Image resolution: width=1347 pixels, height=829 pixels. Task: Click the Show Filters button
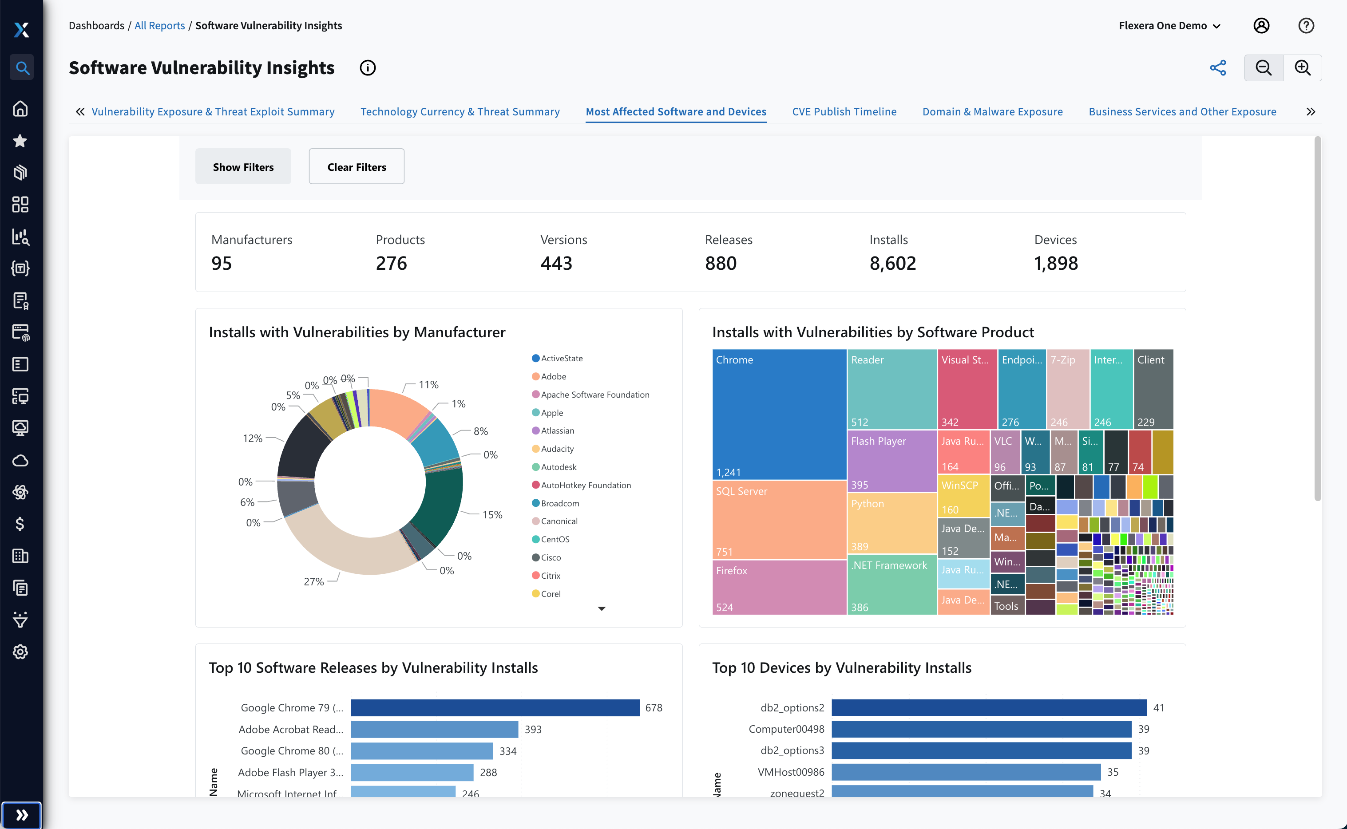point(243,167)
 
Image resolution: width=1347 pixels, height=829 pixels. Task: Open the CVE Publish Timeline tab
point(844,112)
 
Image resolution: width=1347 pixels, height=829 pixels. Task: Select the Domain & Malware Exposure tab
point(992,112)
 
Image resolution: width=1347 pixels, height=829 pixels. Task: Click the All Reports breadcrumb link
point(159,26)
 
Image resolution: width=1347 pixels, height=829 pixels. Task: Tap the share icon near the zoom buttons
point(1217,68)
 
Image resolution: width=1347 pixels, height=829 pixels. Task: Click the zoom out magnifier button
point(1264,68)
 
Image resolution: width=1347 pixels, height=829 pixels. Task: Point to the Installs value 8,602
point(892,264)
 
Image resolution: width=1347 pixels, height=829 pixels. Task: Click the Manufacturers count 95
point(222,264)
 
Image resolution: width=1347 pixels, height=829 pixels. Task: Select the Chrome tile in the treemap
point(779,414)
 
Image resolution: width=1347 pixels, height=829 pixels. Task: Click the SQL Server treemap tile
point(779,520)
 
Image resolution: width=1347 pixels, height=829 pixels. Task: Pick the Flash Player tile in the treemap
point(891,461)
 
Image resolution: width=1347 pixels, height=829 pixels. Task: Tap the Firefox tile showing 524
point(779,587)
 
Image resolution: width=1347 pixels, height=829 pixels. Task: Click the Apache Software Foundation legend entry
point(594,395)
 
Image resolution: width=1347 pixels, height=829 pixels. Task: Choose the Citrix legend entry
point(550,576)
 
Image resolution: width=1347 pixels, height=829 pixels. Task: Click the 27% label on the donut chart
point(314,582)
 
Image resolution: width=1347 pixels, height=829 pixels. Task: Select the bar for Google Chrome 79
point(495,708)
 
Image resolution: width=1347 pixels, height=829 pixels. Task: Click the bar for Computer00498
point(981,729)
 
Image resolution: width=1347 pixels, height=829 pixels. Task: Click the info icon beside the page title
point(368,68)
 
